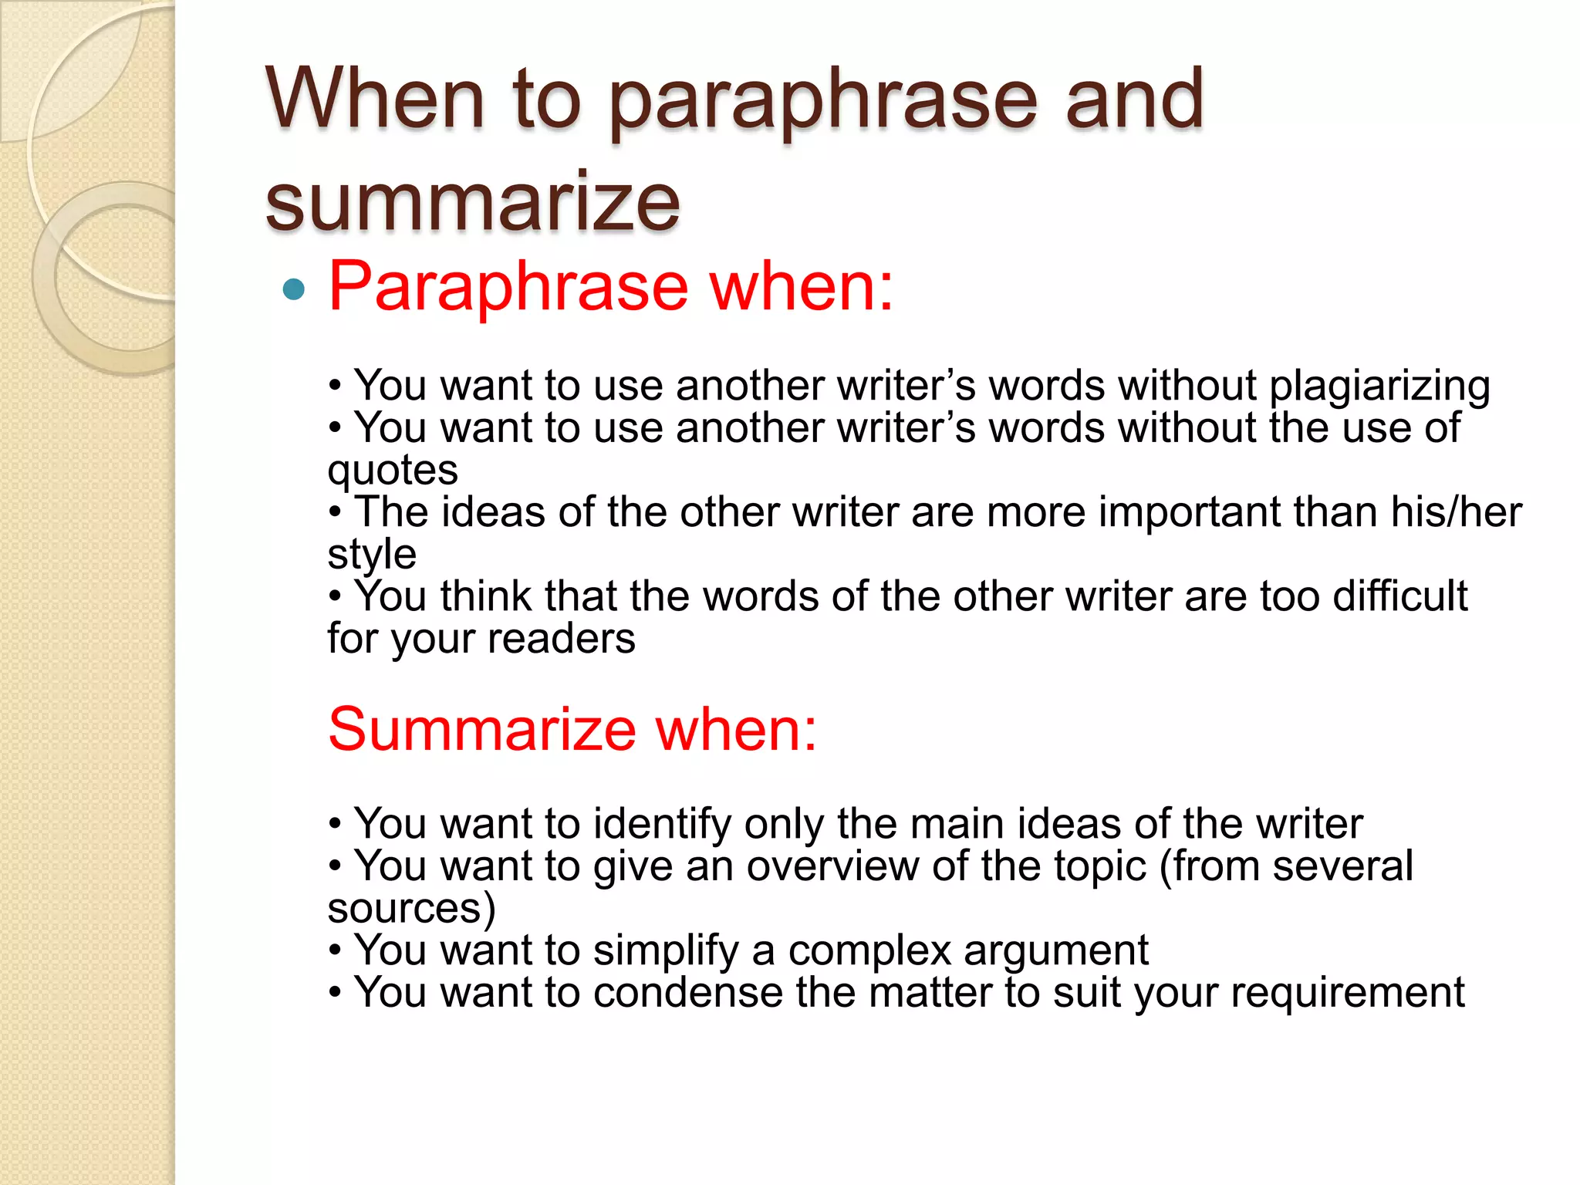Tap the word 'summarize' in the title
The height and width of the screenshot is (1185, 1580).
pyautogui.click(x=472, y=202)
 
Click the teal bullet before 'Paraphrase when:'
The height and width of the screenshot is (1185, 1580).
pyautogui.click(x=294, y=289)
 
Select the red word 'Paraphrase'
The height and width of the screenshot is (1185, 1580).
pyautogui.click(x=508, y=287)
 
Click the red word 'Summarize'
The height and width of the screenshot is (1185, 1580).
pyautogui.click(x=481, y=729)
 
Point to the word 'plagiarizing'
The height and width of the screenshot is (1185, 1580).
pyautogui.click(x=1379, y=387)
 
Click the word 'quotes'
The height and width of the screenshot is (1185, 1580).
pyautogui.click(x=393, y=470)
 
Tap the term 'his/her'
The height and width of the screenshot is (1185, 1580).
pyautogui.click(x=1456, y=511)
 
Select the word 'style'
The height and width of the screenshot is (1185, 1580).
pyautogui.click(x=372, y=554)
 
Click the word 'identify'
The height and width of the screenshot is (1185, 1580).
pyautogui.click(x=662, y=825)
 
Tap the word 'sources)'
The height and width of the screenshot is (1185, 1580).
pyautogui.click(x=411, y=908)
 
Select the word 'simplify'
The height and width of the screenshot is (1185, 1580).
pyautogui.click(x=666, y=950)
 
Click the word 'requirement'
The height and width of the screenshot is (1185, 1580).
pyautogui.click(x=1347, y=992)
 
